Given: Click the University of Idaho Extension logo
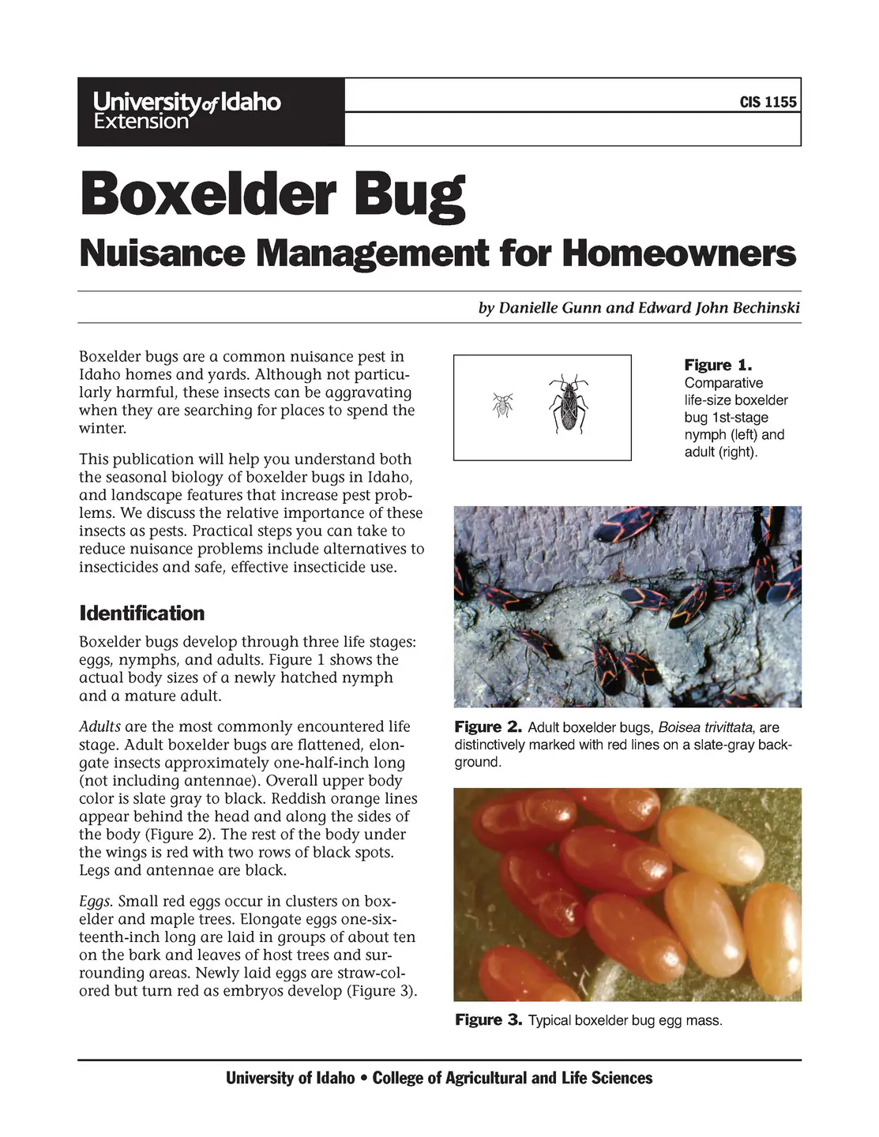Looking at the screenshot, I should pos(187,111).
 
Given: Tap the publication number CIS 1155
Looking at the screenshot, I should pos(768,102).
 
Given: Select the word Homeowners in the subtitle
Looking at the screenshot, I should pos(679,253).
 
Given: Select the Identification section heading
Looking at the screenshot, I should pos(141,614).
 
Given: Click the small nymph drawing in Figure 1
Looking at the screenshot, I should pos(502,405).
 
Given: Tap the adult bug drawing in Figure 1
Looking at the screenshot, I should pos(569,403).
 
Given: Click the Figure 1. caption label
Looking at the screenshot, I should pos(718,366).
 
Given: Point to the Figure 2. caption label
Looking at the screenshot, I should pos(488,727).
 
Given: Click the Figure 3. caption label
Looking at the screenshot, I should pos(489,1020).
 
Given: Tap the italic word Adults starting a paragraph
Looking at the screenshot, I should pos(100,726).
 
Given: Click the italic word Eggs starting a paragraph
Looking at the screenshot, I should pos(96,902).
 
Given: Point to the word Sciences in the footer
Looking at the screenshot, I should pos(622,1079).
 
